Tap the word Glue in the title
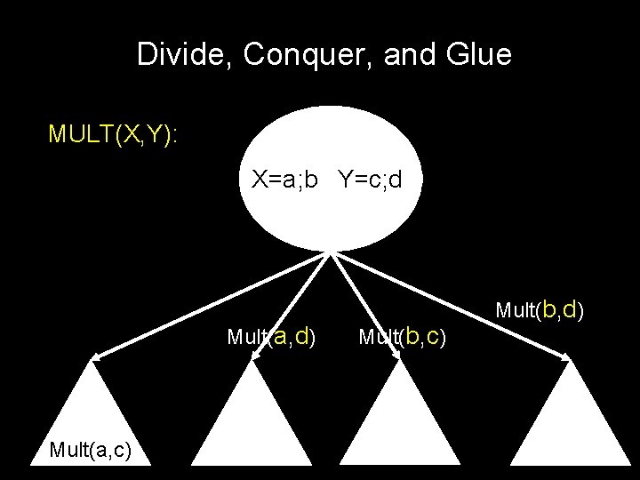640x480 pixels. tap(479, 56)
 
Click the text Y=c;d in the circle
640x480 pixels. tap(370, 180)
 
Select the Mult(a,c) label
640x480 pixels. tap(92, 451)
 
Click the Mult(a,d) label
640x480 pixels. tap(271, 337)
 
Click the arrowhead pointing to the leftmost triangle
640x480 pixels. tap(95, 357)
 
